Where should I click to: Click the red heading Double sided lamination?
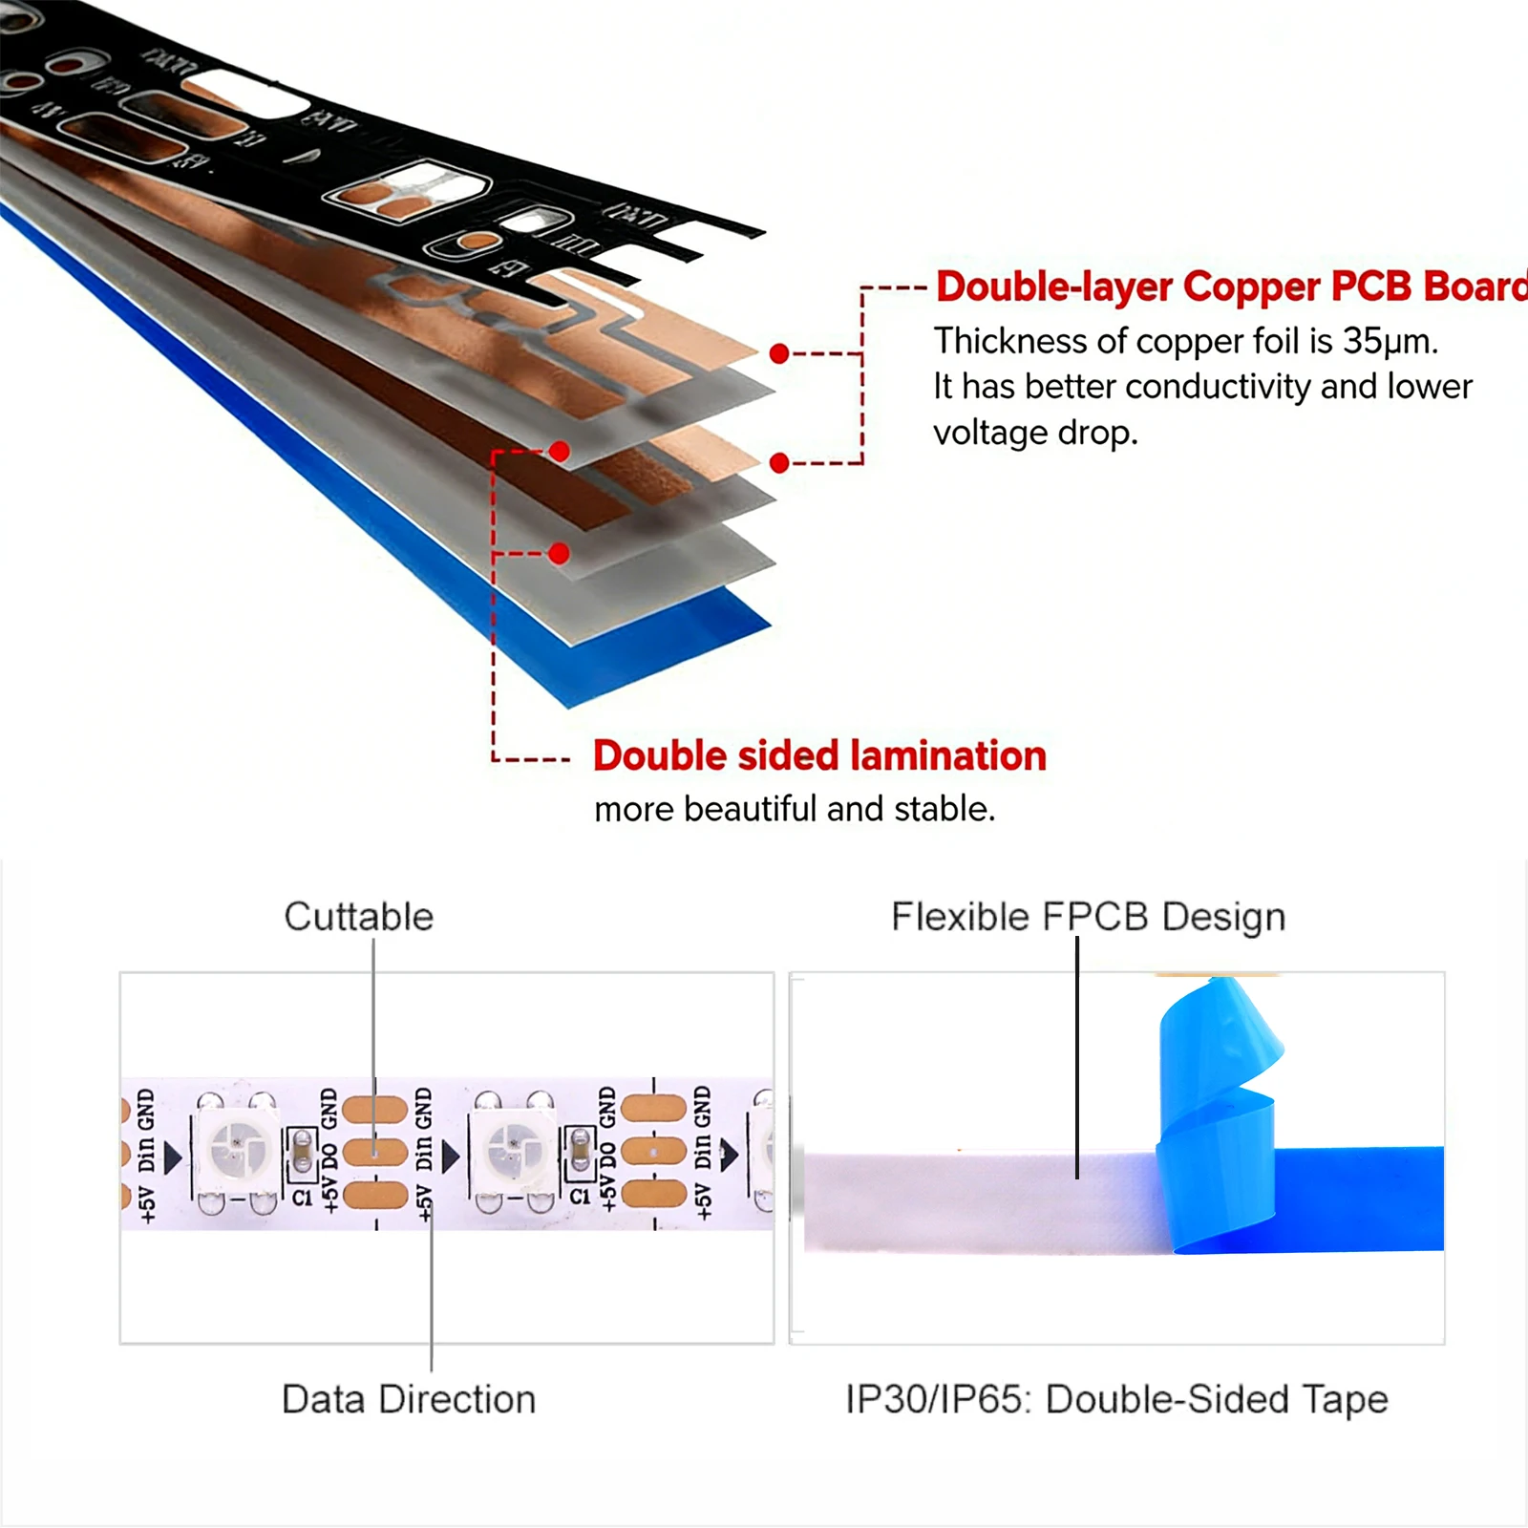pyautogui.click(x=819, y=755)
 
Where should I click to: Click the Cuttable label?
pyautogui.click(x=359, y=917)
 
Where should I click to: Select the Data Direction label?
pyautogui.click(x=409, y=1399)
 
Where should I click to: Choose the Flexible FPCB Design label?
pyautogui.click(x=1088, y=917)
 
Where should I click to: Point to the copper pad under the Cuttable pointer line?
pyautogui.click(x=374, y=1152)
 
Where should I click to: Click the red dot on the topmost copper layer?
pyautogui.click(x=779, y=354)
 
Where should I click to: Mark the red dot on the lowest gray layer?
pyautogui.click(x=560, y=553)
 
